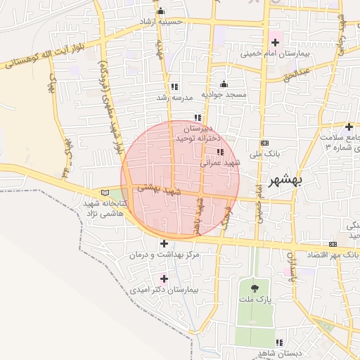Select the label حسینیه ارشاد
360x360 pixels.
click(164, 22)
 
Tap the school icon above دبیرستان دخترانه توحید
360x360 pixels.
click(198, 117)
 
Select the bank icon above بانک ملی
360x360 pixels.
click(264, 143)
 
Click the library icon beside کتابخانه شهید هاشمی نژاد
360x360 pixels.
click(105, 193)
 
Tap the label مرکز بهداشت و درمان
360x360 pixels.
click(165, 255)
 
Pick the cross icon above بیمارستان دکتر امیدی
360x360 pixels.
click(165, 279)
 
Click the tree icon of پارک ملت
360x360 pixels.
click(254, 288)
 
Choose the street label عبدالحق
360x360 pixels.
click(295, 74)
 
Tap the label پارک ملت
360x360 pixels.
click(254, 299)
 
